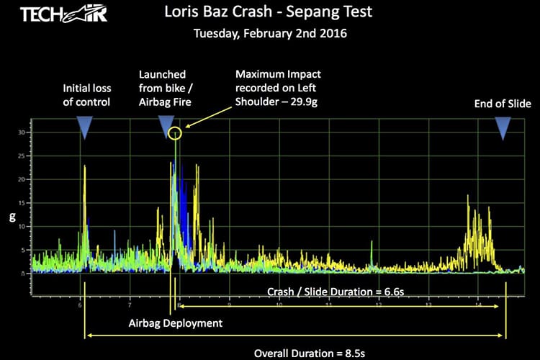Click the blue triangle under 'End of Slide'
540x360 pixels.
(x=503, y=127)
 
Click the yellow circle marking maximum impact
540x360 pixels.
(x=175, y=132)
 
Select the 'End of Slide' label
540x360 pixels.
(x=503, y=104)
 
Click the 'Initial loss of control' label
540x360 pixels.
(x=86, y=95)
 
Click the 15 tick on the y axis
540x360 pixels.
(x=29, y=204)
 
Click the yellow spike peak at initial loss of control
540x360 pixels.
(x=85, y=166)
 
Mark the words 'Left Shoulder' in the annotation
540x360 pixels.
(x=257, y=102)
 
